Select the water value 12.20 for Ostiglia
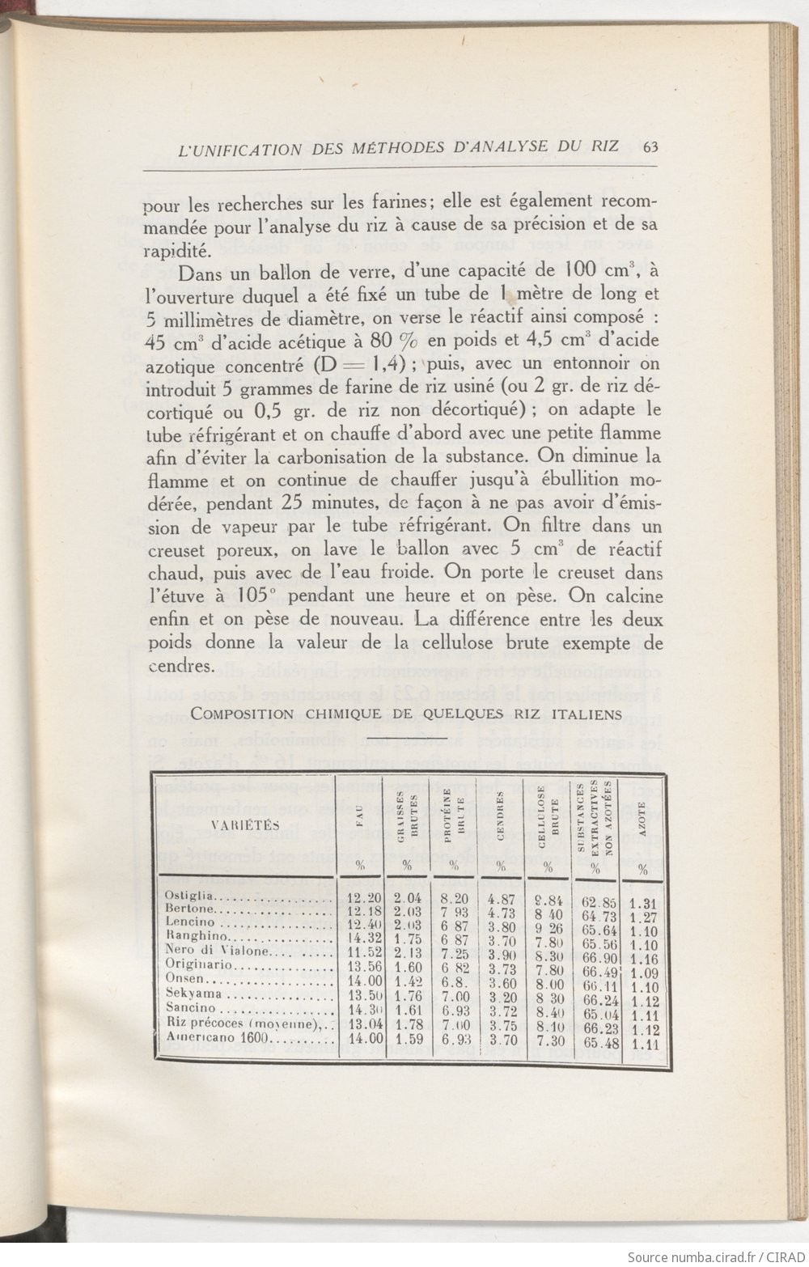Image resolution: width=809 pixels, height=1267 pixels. point(363,897)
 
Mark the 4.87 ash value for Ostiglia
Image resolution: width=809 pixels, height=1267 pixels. point(502,897)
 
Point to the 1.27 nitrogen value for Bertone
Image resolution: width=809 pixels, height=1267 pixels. point(643,917)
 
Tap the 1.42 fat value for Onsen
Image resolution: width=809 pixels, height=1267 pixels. point(409,981)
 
